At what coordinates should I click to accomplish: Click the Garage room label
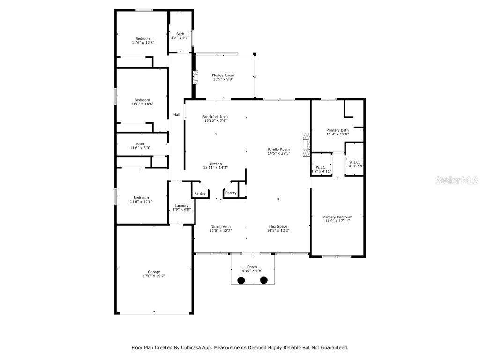pos(154,272)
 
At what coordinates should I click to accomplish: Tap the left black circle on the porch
pos(241,280)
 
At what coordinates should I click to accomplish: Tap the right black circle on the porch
pos(264,280)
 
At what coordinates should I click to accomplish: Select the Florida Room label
pos(223,75)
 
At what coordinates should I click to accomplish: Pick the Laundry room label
pos(181,206)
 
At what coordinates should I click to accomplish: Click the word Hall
pos(177,115)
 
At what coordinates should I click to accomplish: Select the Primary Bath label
pos(337,130)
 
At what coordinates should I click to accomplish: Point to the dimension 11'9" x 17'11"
pos(337,221)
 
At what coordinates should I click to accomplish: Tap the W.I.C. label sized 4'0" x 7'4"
pos(354,162)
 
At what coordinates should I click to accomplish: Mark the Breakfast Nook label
pos(216,117)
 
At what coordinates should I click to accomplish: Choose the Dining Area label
pos(220,227)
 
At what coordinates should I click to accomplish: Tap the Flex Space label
pos(278,227)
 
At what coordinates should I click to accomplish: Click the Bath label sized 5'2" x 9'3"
pos(180,34)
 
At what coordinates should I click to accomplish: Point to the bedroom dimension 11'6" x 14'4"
pos(142,104)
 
